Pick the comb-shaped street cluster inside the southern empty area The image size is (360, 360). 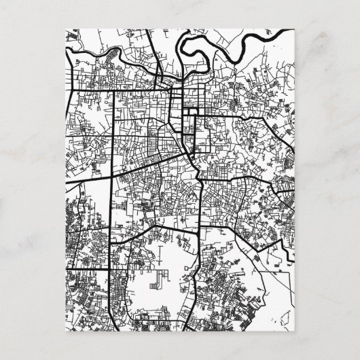[163, 278]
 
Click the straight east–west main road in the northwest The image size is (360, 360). [115, 90]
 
